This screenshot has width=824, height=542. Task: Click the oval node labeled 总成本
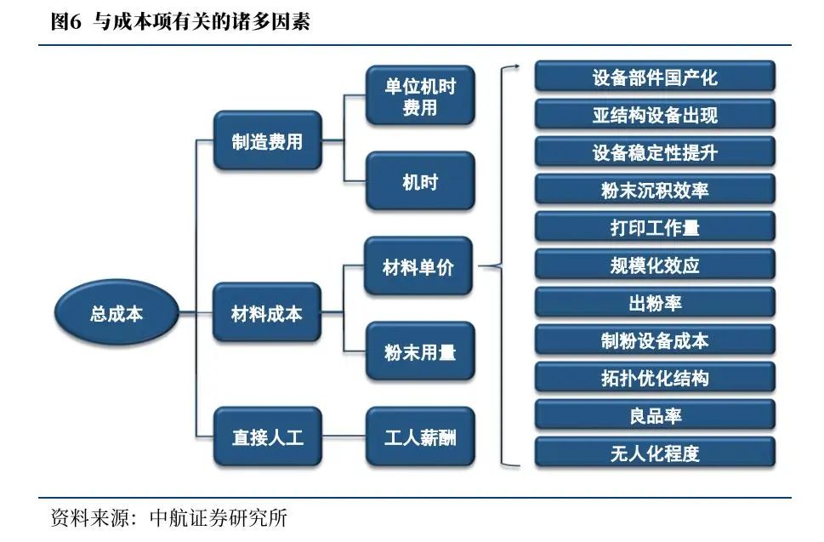click(116, 313)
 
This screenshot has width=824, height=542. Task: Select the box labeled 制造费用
click(267, 141)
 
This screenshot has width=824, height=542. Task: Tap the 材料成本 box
click(267, 313)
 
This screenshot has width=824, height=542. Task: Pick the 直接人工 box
click(267, 437)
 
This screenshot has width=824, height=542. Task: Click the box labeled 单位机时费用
click(420, 96)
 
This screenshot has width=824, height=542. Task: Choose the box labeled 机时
click(420, 181)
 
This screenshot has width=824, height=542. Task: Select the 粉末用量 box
click(420, 351)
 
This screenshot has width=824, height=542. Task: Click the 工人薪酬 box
click(420, 437)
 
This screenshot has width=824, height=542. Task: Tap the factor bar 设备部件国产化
click(655, 77)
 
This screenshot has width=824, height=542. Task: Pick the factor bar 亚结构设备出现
click(655, 115)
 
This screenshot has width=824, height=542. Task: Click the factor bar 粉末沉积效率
click(655, 191)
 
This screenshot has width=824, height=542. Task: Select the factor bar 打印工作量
click(655, 228)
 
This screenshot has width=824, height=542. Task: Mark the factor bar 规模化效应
click(655, 265)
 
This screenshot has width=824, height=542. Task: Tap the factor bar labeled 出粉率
click(655, 303)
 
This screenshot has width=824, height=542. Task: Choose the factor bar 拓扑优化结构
click(655, 378)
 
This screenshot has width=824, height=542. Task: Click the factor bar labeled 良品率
click(655, 415)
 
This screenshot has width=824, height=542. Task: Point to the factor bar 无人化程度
click(655, 453)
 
